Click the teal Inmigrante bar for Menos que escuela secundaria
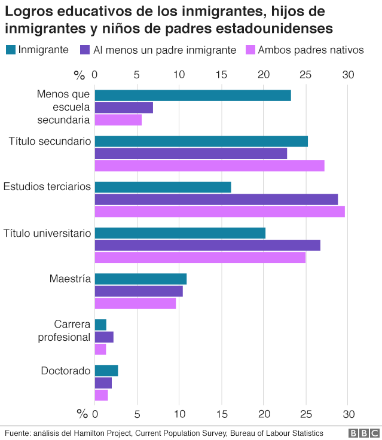(192, 96)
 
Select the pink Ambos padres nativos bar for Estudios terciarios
(219, 212)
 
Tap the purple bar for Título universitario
(207, 245)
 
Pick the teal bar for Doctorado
(106, 371)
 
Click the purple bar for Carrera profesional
(104, 337)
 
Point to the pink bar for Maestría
(135, 303)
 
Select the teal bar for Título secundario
(201, 141)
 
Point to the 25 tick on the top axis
(305, 75)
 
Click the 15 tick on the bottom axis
(222, 414)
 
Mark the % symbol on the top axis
(80, 75)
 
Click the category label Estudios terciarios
(47, 187)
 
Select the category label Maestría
(70, 279)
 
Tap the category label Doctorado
(66, 371)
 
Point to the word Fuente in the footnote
(17, 433)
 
